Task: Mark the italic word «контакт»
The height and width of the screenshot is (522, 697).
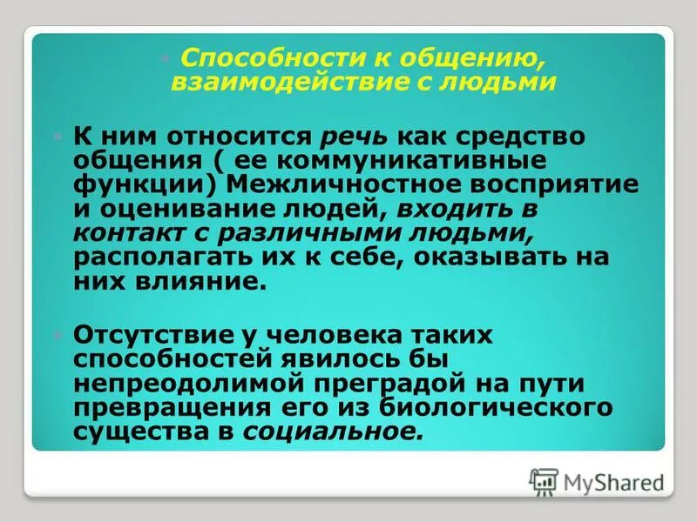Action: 132,234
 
